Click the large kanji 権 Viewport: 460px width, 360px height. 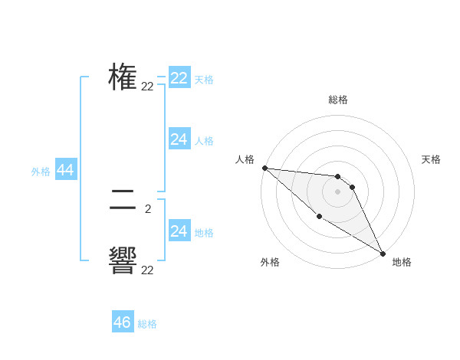pyautogui.click(x=123, y=77)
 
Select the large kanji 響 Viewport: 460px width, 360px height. pyautogui.click(x=123, y=261)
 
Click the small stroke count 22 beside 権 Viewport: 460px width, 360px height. pyautogui.click(x=147, y=87)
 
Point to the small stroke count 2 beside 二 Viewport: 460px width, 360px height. pyautogui.click(x=147, y=208)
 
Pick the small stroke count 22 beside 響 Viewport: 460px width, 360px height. pyautogui.click(x=147, y=270)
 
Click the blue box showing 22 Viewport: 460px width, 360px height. pyautogui.click(x=179, y=78)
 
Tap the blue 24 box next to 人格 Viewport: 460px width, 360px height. pyautogui.click(x=179, y=139)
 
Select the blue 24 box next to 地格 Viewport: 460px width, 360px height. pyautogui.click(x=179, y=231)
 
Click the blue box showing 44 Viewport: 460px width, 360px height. pyautogui.click(x=66, y=171)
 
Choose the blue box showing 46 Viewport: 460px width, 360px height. pyautogui.click(x=123, y=322)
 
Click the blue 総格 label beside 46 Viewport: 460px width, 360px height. pyautogui.click(x=147, y=324)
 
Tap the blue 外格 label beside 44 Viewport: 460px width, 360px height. pyautogui.click(x=41, y=172)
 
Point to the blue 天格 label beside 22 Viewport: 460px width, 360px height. pyautogui.click(x=204, y=79)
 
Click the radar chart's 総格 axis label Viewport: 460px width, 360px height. pyautogui.click(x=338, y=100)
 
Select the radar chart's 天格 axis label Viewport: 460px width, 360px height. pyautogui.click(x=432, y=159)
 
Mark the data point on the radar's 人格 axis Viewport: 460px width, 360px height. pyautogui.click(x=264, y=168)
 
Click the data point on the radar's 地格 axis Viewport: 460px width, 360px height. pyautogui.click(x=383, y=253)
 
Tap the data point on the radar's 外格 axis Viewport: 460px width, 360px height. pyautogui.click(x=319, y=217)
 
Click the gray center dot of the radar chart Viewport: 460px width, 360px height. pyautogui.click(x=337, y=191)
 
